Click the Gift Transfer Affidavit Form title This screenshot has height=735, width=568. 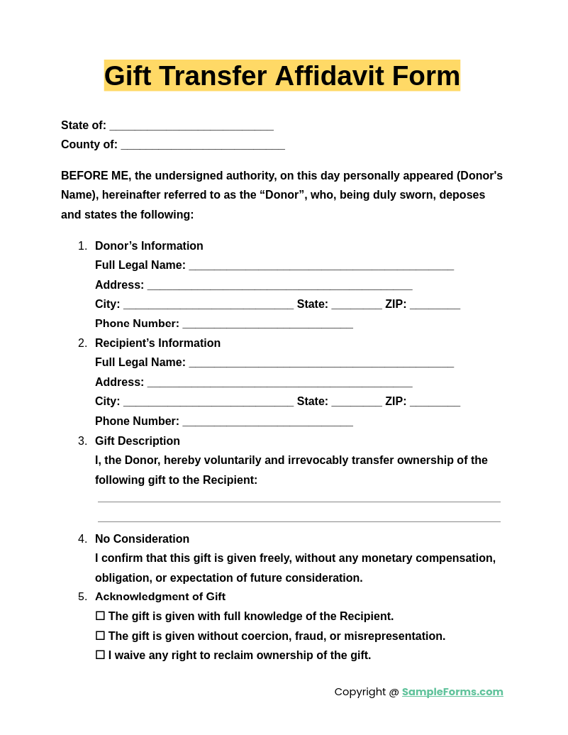coord(282,76)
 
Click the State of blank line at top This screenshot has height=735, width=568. coord(191,126)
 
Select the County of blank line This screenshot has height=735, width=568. coord(203,145)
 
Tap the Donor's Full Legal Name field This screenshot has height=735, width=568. coord(321,265)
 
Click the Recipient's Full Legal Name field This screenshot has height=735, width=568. coord(321,363)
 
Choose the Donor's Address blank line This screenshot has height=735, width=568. coord(279,285)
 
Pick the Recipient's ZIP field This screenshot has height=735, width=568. coord(435,402)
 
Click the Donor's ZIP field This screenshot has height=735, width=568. coord(435,304)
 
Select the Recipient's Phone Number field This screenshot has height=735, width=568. coord(267,421)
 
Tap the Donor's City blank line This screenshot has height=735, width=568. coord(208,304)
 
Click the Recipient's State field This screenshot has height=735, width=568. coord(357,402)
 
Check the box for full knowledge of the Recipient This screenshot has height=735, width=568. coord(100,616)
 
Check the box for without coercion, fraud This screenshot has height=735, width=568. coord(100,636)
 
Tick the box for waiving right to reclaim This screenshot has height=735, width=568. coord(100,655)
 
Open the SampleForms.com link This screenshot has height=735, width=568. coord(452,692)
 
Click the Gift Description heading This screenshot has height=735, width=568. coord(138,441)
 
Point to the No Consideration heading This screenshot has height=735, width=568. coord(142,539)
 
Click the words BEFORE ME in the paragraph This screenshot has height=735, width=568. coord(95,176)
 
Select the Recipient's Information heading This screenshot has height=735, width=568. coord(157,343)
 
